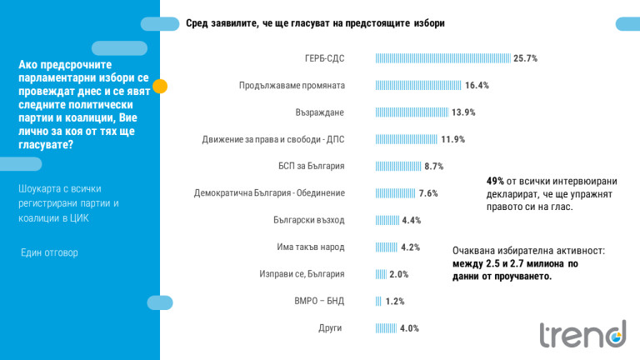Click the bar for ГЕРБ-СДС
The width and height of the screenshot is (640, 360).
[442, 58]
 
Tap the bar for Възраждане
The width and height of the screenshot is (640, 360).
[412, 112]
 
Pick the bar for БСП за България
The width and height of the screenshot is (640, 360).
[398, 166]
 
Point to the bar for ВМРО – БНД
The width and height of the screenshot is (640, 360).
[378, 301]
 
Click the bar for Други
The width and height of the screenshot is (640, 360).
[386, 328]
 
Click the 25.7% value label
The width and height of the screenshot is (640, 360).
[526, 58]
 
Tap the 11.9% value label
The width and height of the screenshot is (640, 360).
[453, 139]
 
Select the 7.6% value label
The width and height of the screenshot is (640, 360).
[428, 193]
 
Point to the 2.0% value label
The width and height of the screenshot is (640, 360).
[398, 274]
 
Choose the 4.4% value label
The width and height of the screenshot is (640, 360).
[412, 220]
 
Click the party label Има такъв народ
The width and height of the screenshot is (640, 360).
[310, 247]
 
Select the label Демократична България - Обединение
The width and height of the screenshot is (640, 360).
[269, 193]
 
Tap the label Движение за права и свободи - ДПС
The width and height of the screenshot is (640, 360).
[272, 139]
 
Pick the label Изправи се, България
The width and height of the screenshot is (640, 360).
[302, 274]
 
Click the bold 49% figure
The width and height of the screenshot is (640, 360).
[495, 181]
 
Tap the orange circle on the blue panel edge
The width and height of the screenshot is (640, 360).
[161, 85]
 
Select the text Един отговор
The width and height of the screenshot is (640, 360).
[49, 252]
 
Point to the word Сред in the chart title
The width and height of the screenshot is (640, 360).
[197, 23]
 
